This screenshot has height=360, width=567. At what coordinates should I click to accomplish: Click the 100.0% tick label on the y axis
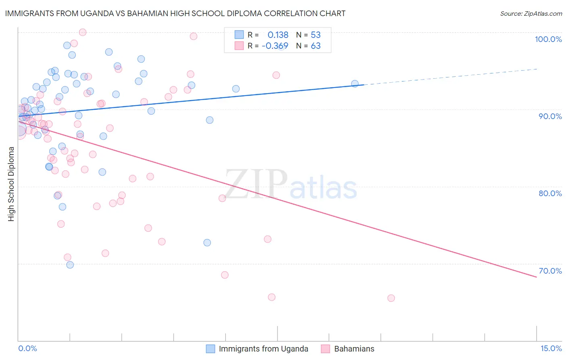(548, 39)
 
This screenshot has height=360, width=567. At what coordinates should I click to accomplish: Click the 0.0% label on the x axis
(27, 348)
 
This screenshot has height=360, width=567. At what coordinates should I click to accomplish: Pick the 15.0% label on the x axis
(551, 348)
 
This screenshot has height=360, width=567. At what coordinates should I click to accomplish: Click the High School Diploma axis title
(11, 184)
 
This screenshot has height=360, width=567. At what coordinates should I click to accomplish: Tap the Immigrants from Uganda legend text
(263, 349)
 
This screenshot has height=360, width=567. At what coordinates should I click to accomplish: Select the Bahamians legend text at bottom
(354, 349)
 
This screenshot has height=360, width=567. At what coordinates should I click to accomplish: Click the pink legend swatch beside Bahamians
(325, 349)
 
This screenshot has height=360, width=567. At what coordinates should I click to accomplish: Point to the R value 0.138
(278, 35)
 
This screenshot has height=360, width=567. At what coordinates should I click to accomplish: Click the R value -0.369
(275, 46)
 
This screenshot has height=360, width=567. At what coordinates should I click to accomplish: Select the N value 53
(315, 35)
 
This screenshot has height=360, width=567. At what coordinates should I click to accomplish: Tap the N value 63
(315, 46)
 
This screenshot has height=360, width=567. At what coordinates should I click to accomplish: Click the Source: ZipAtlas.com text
(531, 14)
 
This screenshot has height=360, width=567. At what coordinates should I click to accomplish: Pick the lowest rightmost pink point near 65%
(391, 298)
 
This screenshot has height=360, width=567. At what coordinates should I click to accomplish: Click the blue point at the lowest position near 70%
(70, 265)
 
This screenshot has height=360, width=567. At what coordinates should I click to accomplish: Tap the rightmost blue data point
(355, 84)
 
